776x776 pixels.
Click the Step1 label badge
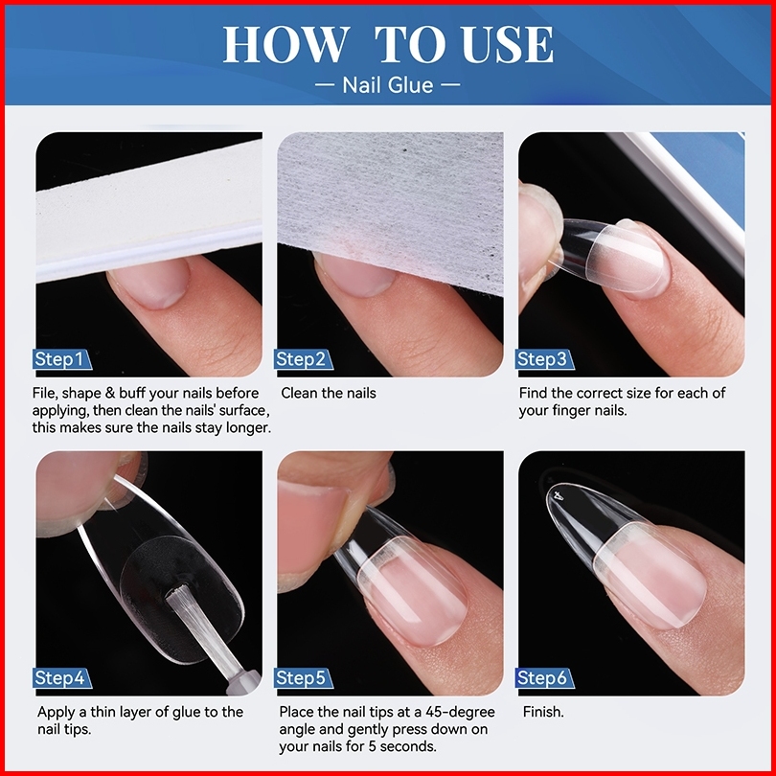[x=62, y=359]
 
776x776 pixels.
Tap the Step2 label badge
[x=304, y=359]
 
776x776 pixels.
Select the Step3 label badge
[x=544, y=359]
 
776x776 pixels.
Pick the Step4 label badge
[x=62, y=678]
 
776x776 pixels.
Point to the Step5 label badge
[x=304, y=678]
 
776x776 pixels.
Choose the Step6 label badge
[x=544, y=678]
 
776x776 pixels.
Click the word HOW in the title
[x=285, y=44]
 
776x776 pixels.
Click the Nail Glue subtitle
[x=387, y=85]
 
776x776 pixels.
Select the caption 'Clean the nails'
[x=329, y=393]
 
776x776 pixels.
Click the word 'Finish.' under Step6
[x=543, y=712]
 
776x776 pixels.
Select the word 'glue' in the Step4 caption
[x=186, y=713]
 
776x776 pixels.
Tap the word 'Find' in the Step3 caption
[x=533, y=393]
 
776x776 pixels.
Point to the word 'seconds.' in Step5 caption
[x=408, y=746]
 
